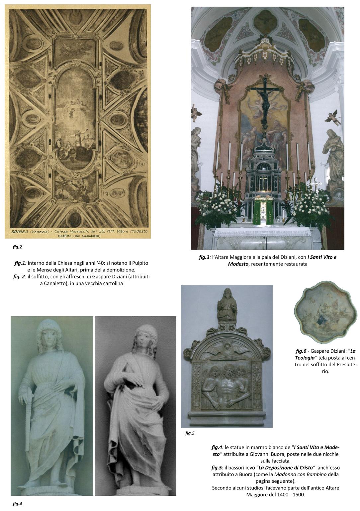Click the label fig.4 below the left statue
(x=17, y=504)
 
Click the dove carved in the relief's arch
(x=226, y=348)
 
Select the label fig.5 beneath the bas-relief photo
(x=190, y=433)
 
